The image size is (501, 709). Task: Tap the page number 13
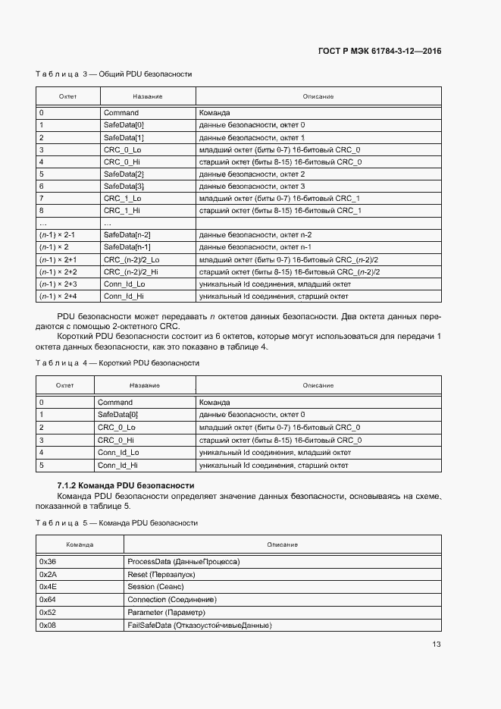(x=437, y=645)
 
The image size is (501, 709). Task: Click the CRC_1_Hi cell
(x=122, y=210)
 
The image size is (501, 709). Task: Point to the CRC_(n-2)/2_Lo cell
(x=131, y=259)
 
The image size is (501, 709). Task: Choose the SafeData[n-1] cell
(x=127, y=247)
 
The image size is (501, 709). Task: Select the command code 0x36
(x=48, y=562)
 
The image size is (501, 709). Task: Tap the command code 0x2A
(x=48, y=575)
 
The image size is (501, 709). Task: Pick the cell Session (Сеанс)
(x=156, y=587)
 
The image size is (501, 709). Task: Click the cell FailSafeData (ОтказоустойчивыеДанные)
(x=199, y=625)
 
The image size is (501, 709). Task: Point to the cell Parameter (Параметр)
(x=167, y=612)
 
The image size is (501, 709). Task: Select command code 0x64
(x=48, y=600)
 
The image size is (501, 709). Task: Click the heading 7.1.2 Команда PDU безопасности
(x=126, y=485)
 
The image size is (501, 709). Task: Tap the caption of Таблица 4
(x=117, y=363)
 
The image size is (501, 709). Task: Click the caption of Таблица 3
(x=114, y=74)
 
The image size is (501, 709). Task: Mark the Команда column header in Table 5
(x=80, y=544)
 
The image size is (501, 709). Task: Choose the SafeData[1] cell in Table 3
(x=124, y=137)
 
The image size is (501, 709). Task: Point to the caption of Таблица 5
(x=117, y=523)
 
